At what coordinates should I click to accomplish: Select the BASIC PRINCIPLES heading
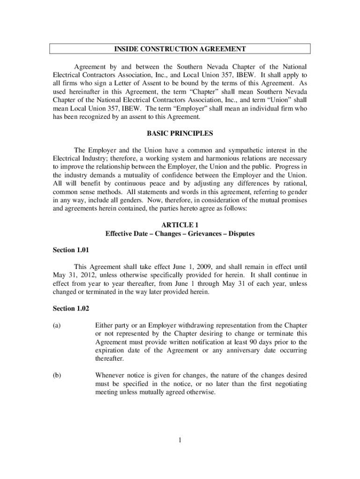pyautogui.click(x=180, y=134)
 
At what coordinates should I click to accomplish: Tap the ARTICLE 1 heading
pyautogui.click(x=180, y=225)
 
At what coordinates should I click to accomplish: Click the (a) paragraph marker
pyautogui.click(x=56, y=325)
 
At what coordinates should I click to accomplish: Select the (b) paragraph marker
pyautogui.click(x=56, y=375)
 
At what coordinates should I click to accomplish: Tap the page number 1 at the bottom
pyautogui.click(x=180, y=440)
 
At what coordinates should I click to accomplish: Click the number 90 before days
pyautogui.click(x=246, y=342)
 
